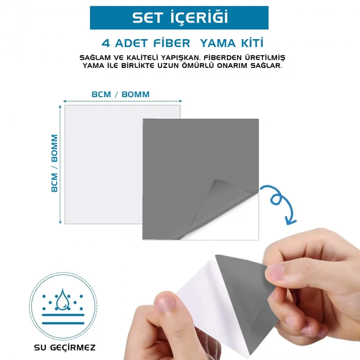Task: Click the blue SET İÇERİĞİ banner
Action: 179,17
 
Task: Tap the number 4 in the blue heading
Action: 106,43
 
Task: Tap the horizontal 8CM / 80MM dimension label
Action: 120,94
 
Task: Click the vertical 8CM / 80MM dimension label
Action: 55,163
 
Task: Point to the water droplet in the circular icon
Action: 63,299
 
